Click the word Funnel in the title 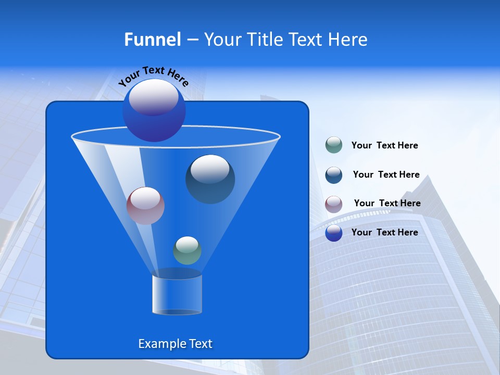pyautogui.click(x=152, y=40)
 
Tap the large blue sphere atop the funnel pyautogui.click(x=154, y=110)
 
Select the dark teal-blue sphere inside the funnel pyautogui.click(x=210, y=179)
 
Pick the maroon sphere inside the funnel pyautogui.click(x=145, y=205)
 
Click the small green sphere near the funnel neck pyautogui.click(x=187, y=250)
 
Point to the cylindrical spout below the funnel pyautogui.click(x=177, y=295)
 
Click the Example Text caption pyautogui.click(x=175, y=344)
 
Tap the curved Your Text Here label pyautogui.click(x=154, y=76)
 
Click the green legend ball pyautogui.click(x=333, y=145)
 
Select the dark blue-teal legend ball pyautogui.click(x=333, y=174)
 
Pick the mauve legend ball pyautogui.click(x=333, y=204)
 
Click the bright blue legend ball pyautogui.click(x=333, y=233)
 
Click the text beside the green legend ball pyautogui.click(x=384, y=145)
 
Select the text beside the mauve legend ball pyautogui.click(x=387, y=203)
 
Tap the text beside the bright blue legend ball pyautogui.click(x=384, y=232)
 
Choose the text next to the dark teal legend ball pyautogui.click(x=386, y=174)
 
